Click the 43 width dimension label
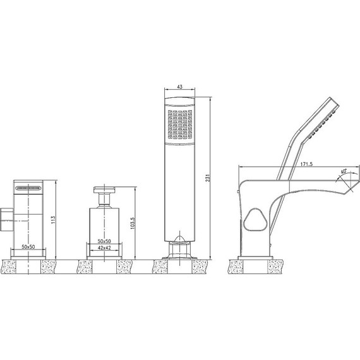(180, 87)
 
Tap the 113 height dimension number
(53, 220)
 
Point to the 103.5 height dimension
(133, 223)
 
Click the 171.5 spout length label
(306, 164)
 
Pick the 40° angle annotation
(344, 171)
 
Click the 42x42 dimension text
(104, 248)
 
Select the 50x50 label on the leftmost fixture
(28, 246)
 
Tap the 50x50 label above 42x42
(104, 241)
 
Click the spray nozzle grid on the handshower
(180, 124)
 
